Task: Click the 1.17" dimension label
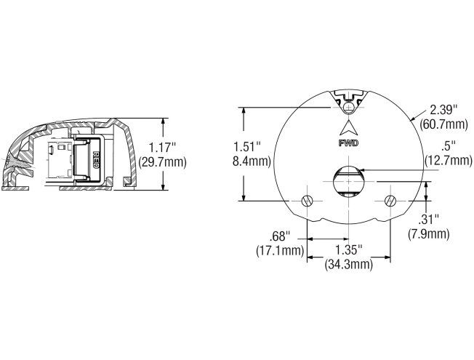[x=162, y=148]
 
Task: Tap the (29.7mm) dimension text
[x=162, y=162]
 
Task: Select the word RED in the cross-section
[x=96, y=160]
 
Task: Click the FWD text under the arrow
[x=348, y=143]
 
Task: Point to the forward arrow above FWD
[x=348, y=127]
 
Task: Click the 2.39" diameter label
[x=443, y=110]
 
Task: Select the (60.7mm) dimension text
[x=443, y=124]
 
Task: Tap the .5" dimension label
[x=448, y=146]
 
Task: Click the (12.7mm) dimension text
[x=448, y=160]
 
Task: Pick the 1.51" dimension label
[x=247, y=148]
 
